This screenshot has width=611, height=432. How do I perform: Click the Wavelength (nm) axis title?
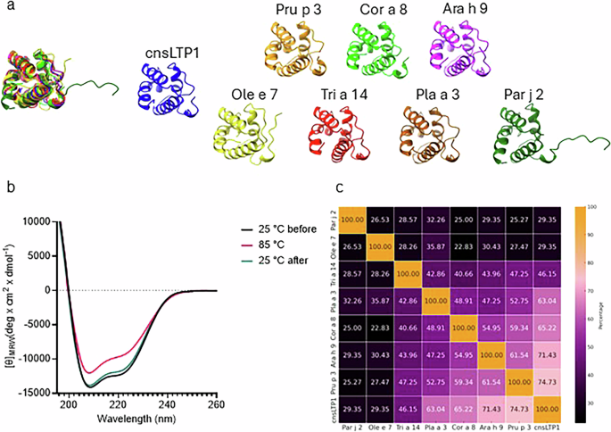coord(143,422)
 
